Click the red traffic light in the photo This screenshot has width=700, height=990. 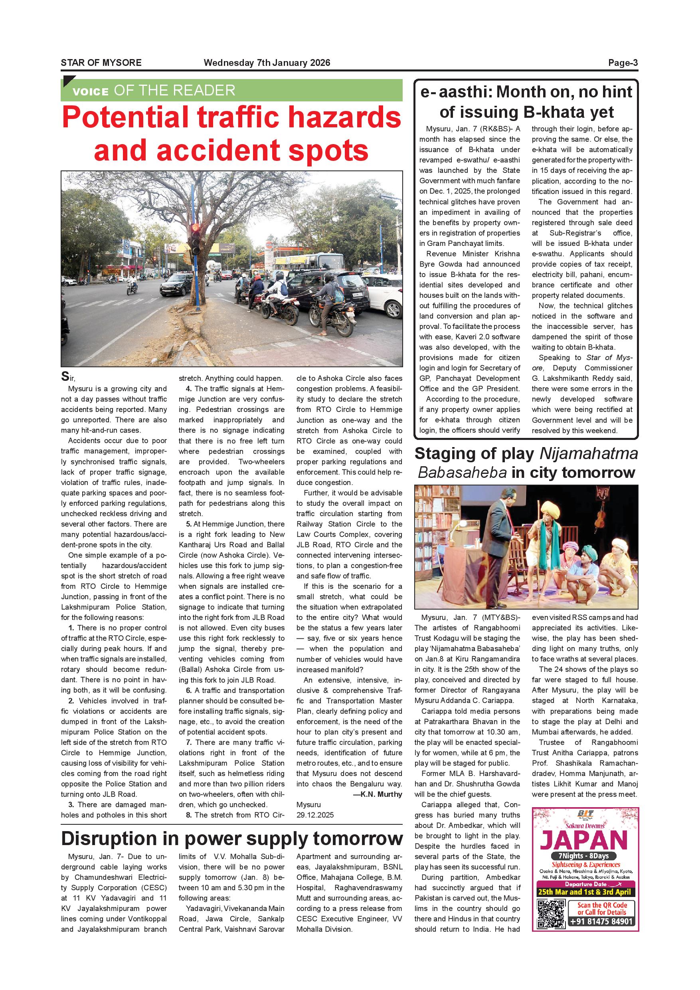tap(195, 227)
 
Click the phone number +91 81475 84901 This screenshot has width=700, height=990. tap(601, 921)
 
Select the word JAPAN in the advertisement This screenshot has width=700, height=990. tap(583, 840)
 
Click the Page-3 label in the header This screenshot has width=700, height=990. tap(623, 63)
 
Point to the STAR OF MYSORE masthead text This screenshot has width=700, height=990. tap(101, 63)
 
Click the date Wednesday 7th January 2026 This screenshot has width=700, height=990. tap(267, 63)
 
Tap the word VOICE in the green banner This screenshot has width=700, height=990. tap(91, 92)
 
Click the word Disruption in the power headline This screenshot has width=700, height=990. tap(109, 839)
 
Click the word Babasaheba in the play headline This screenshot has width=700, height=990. tap(462, 473)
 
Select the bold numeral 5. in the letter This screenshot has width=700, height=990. tap(189, 524)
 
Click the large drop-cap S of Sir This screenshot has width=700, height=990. tap(65, 376)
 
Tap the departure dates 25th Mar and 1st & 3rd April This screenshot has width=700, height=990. tap(584, 892)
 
